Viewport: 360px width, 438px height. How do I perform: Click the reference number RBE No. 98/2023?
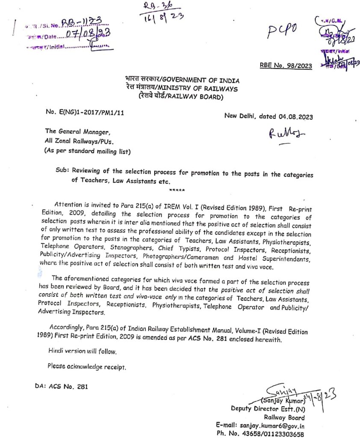(x=286, y=65)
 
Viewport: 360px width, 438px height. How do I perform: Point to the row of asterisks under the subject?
(x=177, y=190)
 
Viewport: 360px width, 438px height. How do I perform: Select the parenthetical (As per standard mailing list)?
(x=88, y=151)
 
